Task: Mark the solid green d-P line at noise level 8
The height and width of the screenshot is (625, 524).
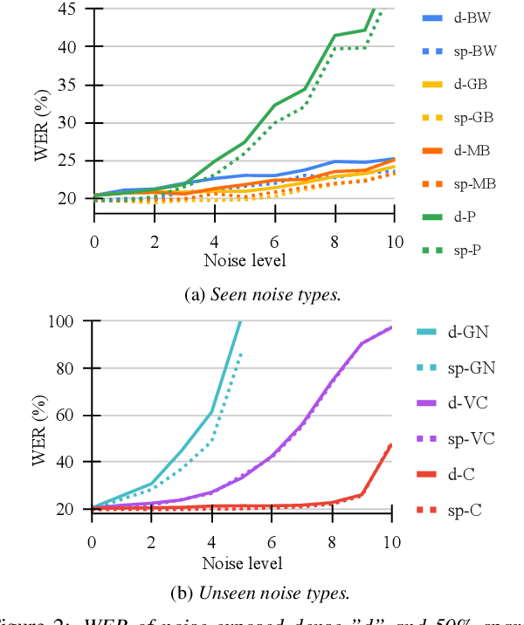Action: point(334,36)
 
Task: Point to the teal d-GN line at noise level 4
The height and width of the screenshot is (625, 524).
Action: point(212,411)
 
